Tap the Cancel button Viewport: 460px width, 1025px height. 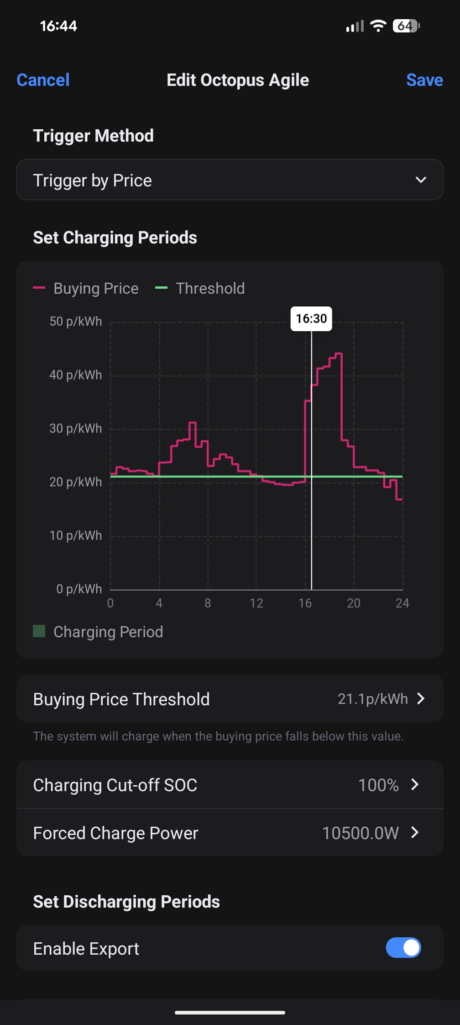point(43,80)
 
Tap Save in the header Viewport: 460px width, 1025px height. point(424,80)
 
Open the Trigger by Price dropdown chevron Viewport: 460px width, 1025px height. point(421,180)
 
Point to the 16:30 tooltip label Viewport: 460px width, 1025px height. point(311,318)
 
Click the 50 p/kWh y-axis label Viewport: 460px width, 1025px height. point(76,322)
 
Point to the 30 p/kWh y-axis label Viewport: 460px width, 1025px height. point(76,428)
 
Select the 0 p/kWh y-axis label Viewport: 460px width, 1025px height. point(79,589)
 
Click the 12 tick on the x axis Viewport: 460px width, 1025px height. point(256,603)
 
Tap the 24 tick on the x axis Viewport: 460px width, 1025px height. point(402,603)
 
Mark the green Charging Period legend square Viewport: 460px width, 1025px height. point(39,631)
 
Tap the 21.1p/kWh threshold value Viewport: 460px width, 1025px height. point(372,699)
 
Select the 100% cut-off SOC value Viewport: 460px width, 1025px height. point(378,785)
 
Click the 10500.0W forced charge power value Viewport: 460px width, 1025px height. point(361,833)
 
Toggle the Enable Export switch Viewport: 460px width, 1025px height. point(403,948)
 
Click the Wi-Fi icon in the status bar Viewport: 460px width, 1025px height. point(378,26)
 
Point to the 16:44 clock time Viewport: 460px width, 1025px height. point(58,26)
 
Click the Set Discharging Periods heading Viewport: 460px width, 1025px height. point(126,902)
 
